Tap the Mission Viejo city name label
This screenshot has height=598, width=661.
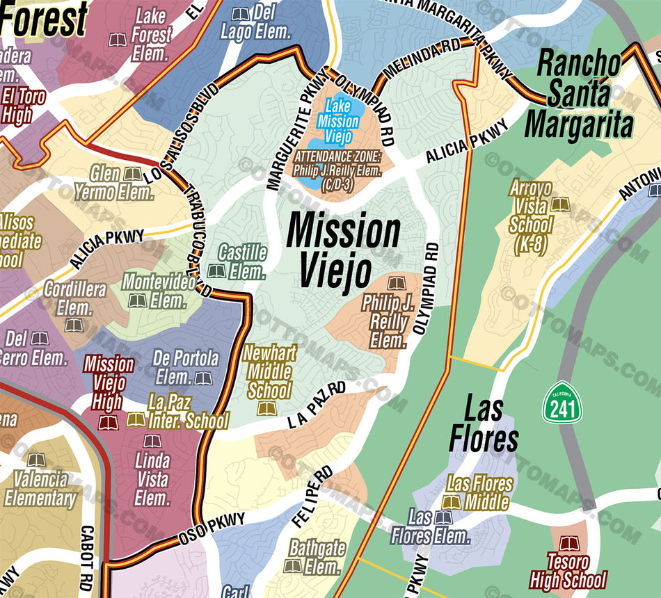344,251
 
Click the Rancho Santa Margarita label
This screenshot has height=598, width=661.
580,95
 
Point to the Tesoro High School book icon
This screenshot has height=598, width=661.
568,543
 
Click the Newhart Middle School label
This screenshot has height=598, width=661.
269,371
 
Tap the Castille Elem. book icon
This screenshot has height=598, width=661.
217,270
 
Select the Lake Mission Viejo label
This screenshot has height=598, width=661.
339,121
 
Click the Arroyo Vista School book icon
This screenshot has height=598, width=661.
559,204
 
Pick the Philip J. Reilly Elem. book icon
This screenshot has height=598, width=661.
396,283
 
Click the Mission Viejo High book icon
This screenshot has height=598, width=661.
108,422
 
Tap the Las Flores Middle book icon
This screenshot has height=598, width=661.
452,501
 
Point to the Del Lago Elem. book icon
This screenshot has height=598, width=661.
241,13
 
